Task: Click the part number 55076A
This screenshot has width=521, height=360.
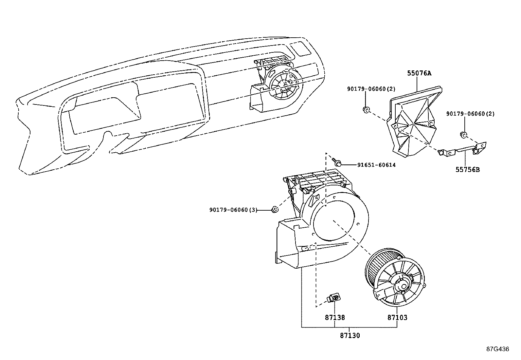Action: [419, 73]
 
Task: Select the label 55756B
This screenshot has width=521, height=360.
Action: [468, 170]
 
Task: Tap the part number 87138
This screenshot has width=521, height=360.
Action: [335, 317]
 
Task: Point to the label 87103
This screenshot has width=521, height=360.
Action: [397, 317]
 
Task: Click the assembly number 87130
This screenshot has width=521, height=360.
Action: [350, 335]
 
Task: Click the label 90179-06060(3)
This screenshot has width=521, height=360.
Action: [233, 210]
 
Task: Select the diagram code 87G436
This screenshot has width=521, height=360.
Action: [497, 349]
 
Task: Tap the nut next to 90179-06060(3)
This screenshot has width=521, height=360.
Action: [276, 209]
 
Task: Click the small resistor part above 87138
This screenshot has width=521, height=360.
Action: [334, 297]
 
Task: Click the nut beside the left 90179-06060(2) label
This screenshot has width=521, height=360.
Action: [366, 110]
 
